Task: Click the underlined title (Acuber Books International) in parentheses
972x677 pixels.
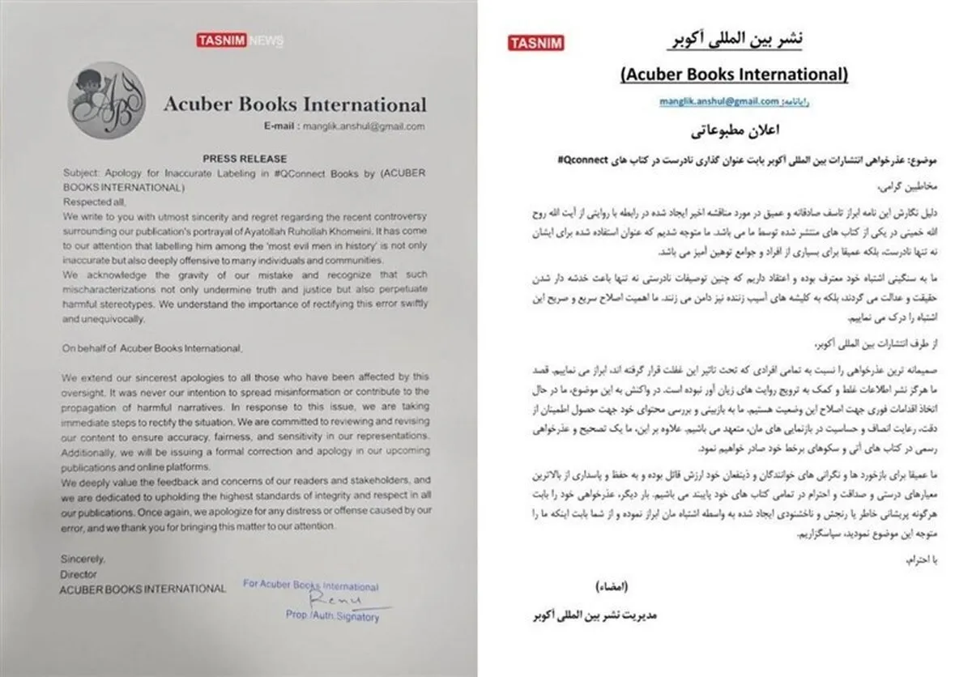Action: (735, 75)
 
